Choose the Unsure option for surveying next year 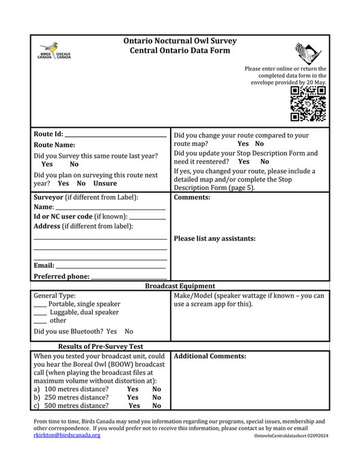click(x=105, y=184)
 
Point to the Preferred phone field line click(x=129, y=277)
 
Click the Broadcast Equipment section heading click(x=180, y=286)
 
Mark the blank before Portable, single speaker click(x=40, y=305)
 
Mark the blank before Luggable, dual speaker click(x=40, y=313)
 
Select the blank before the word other click(x=40, y=321)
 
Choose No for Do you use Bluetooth click(x=129, y=332)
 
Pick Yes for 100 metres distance click(x=133, y=389)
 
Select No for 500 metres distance click(x=156, y=406)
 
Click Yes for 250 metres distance click(x=133, y=397)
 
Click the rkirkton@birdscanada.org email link click(x=67, y=435)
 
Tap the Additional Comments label click(x=210, y=356)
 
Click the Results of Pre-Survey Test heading click(x=100, y=346)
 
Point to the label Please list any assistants click(x=214, y=239)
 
